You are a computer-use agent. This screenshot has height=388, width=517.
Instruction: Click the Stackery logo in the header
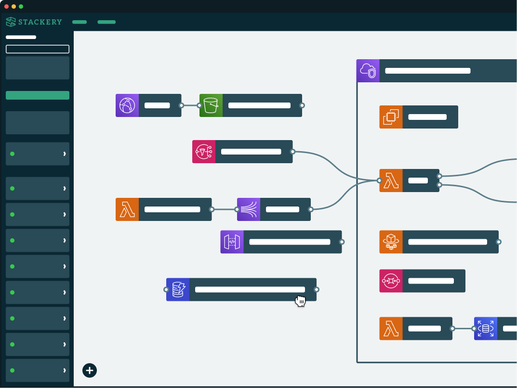pos(34,22)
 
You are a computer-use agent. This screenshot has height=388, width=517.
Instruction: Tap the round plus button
pos(89,371)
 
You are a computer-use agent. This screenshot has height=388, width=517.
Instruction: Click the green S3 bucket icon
pos(211,105)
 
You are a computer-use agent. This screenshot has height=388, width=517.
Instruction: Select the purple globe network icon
pos(127,105)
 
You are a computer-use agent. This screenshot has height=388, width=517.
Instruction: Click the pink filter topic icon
pos(204,152)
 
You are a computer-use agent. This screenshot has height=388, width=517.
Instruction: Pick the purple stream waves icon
pos(249,209)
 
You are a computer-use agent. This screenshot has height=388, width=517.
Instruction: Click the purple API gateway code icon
pos(232,242)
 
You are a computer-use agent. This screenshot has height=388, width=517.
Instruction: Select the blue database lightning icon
pos(178,289)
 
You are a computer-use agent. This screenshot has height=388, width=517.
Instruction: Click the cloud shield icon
pos(368,71)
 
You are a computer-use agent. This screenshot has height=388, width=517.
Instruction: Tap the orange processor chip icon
pos(391,117)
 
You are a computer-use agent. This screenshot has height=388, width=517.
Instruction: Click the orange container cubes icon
pos(391,242)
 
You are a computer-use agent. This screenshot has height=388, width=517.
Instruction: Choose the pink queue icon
pos(391,281)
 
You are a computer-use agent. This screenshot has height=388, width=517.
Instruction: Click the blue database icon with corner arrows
pos(486,329)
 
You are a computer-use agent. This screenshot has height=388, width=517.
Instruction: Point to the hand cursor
pos(300,301)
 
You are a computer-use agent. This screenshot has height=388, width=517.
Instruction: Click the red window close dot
pos(6,7)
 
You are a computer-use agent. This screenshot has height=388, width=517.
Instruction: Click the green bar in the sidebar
pos(38,95)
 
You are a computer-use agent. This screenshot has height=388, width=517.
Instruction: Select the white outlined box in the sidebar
pos(38,49)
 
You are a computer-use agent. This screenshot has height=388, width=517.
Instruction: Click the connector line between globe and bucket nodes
pos(190,105)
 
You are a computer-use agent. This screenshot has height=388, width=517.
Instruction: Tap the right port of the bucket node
pos(302,105)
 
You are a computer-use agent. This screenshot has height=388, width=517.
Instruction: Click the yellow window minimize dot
pos(13,7)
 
